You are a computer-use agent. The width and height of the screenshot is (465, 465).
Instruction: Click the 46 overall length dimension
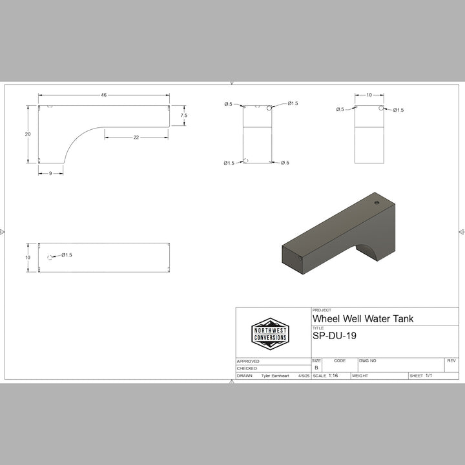tap(103, 95)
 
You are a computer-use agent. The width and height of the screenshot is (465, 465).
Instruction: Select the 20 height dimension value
tap(27, 134)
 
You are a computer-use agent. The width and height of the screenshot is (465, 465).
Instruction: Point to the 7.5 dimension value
tap(184, 116)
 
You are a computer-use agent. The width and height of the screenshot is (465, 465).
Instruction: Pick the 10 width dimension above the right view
tap(369, 95)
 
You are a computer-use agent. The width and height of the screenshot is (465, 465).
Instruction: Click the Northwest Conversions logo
tap(270, 334)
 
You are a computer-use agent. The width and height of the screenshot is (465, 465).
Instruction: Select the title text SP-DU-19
tap(335, 336)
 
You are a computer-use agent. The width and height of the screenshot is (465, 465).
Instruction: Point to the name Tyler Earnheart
tap(276, 375)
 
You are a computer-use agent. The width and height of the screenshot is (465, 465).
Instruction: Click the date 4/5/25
tap(302, 375)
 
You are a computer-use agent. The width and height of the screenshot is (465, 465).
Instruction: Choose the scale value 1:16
tap(333, 375)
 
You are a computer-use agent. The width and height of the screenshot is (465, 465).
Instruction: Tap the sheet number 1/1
tap(428, 375)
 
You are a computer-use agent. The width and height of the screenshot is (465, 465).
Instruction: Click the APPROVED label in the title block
tap(248, 361)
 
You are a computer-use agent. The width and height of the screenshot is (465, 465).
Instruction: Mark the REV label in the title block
tap(451, 360)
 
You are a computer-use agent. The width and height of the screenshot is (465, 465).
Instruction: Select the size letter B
tap(316, 367)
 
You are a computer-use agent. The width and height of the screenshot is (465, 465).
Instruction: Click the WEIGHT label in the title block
tap(361, 375)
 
